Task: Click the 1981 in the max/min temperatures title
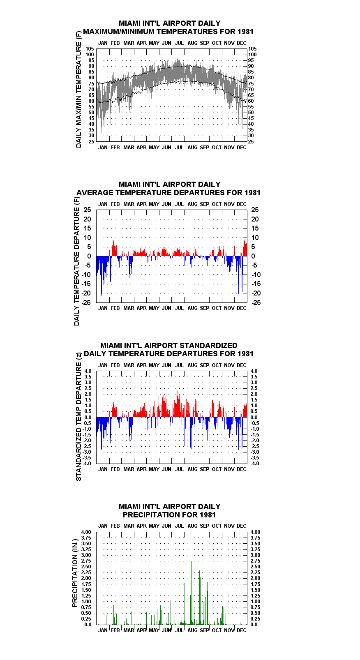tap(245, 32)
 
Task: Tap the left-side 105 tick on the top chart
tap(90, 49)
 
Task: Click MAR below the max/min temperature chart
tap(129, 147)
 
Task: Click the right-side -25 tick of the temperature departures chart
tap(256, 302)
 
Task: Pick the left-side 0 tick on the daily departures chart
tap(89, 256)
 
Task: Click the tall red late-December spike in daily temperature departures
tap(246, 247)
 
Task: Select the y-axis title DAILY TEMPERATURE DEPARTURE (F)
tap(76, 261)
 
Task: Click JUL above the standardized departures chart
tap(180, 365)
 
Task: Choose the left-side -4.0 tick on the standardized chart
tap(87, 464)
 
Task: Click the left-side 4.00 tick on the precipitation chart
tap(86, 532)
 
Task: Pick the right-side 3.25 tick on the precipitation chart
tap(256, 549)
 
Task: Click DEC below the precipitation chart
tap(242, 630)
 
